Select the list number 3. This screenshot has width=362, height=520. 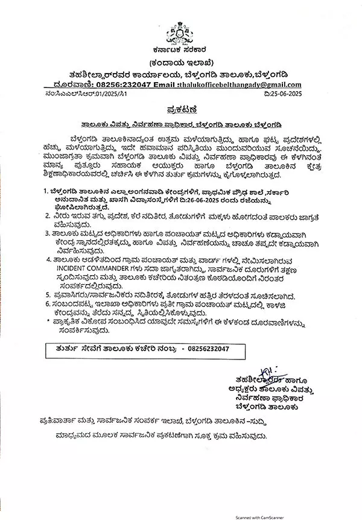coord(46,232)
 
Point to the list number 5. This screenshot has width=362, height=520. coord(46,295)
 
